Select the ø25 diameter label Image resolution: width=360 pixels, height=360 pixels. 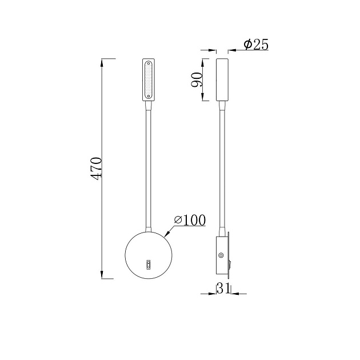coord(255,45)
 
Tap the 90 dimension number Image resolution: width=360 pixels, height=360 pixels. coord(197,79)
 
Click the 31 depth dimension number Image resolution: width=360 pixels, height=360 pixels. coord(223,289)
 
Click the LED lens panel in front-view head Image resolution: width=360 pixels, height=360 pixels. coord(149,80)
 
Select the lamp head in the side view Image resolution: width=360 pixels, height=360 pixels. coord(222,79)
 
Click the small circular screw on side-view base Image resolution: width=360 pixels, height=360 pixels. coord(221,255)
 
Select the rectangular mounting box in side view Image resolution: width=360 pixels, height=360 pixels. coord(222,255)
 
